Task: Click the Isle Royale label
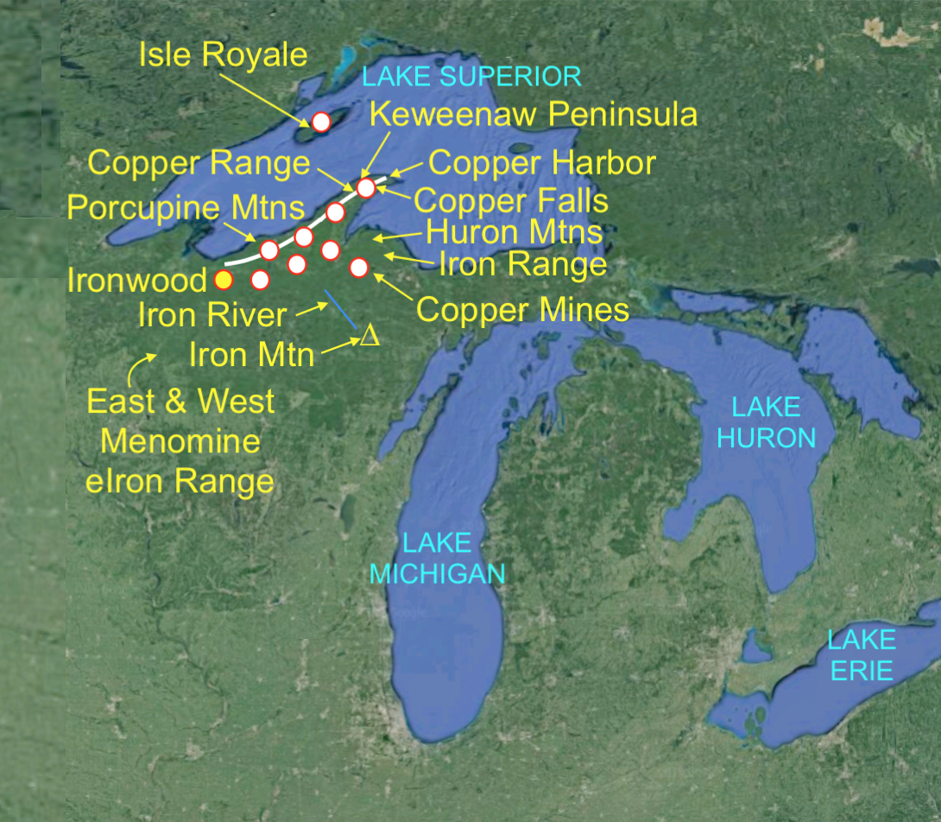pos(223,55)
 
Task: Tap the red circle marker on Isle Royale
pos(320,122)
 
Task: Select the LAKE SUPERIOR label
pos(471,76)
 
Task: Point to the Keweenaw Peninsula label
pos(533,114)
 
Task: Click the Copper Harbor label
pos(542,162)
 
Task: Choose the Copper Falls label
pos(511,200)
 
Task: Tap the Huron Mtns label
pos(514,231)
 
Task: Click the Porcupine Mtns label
pos(186,207)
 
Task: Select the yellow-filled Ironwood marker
pos(224,279)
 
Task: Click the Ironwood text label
pos(138,280)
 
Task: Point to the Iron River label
pos(212,314)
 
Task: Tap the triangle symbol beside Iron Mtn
pos(369,335)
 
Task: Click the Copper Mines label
pos(522,309)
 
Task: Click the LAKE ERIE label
pos(862,654)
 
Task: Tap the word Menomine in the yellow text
pos(180,441)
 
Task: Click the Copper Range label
pos(199,163)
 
